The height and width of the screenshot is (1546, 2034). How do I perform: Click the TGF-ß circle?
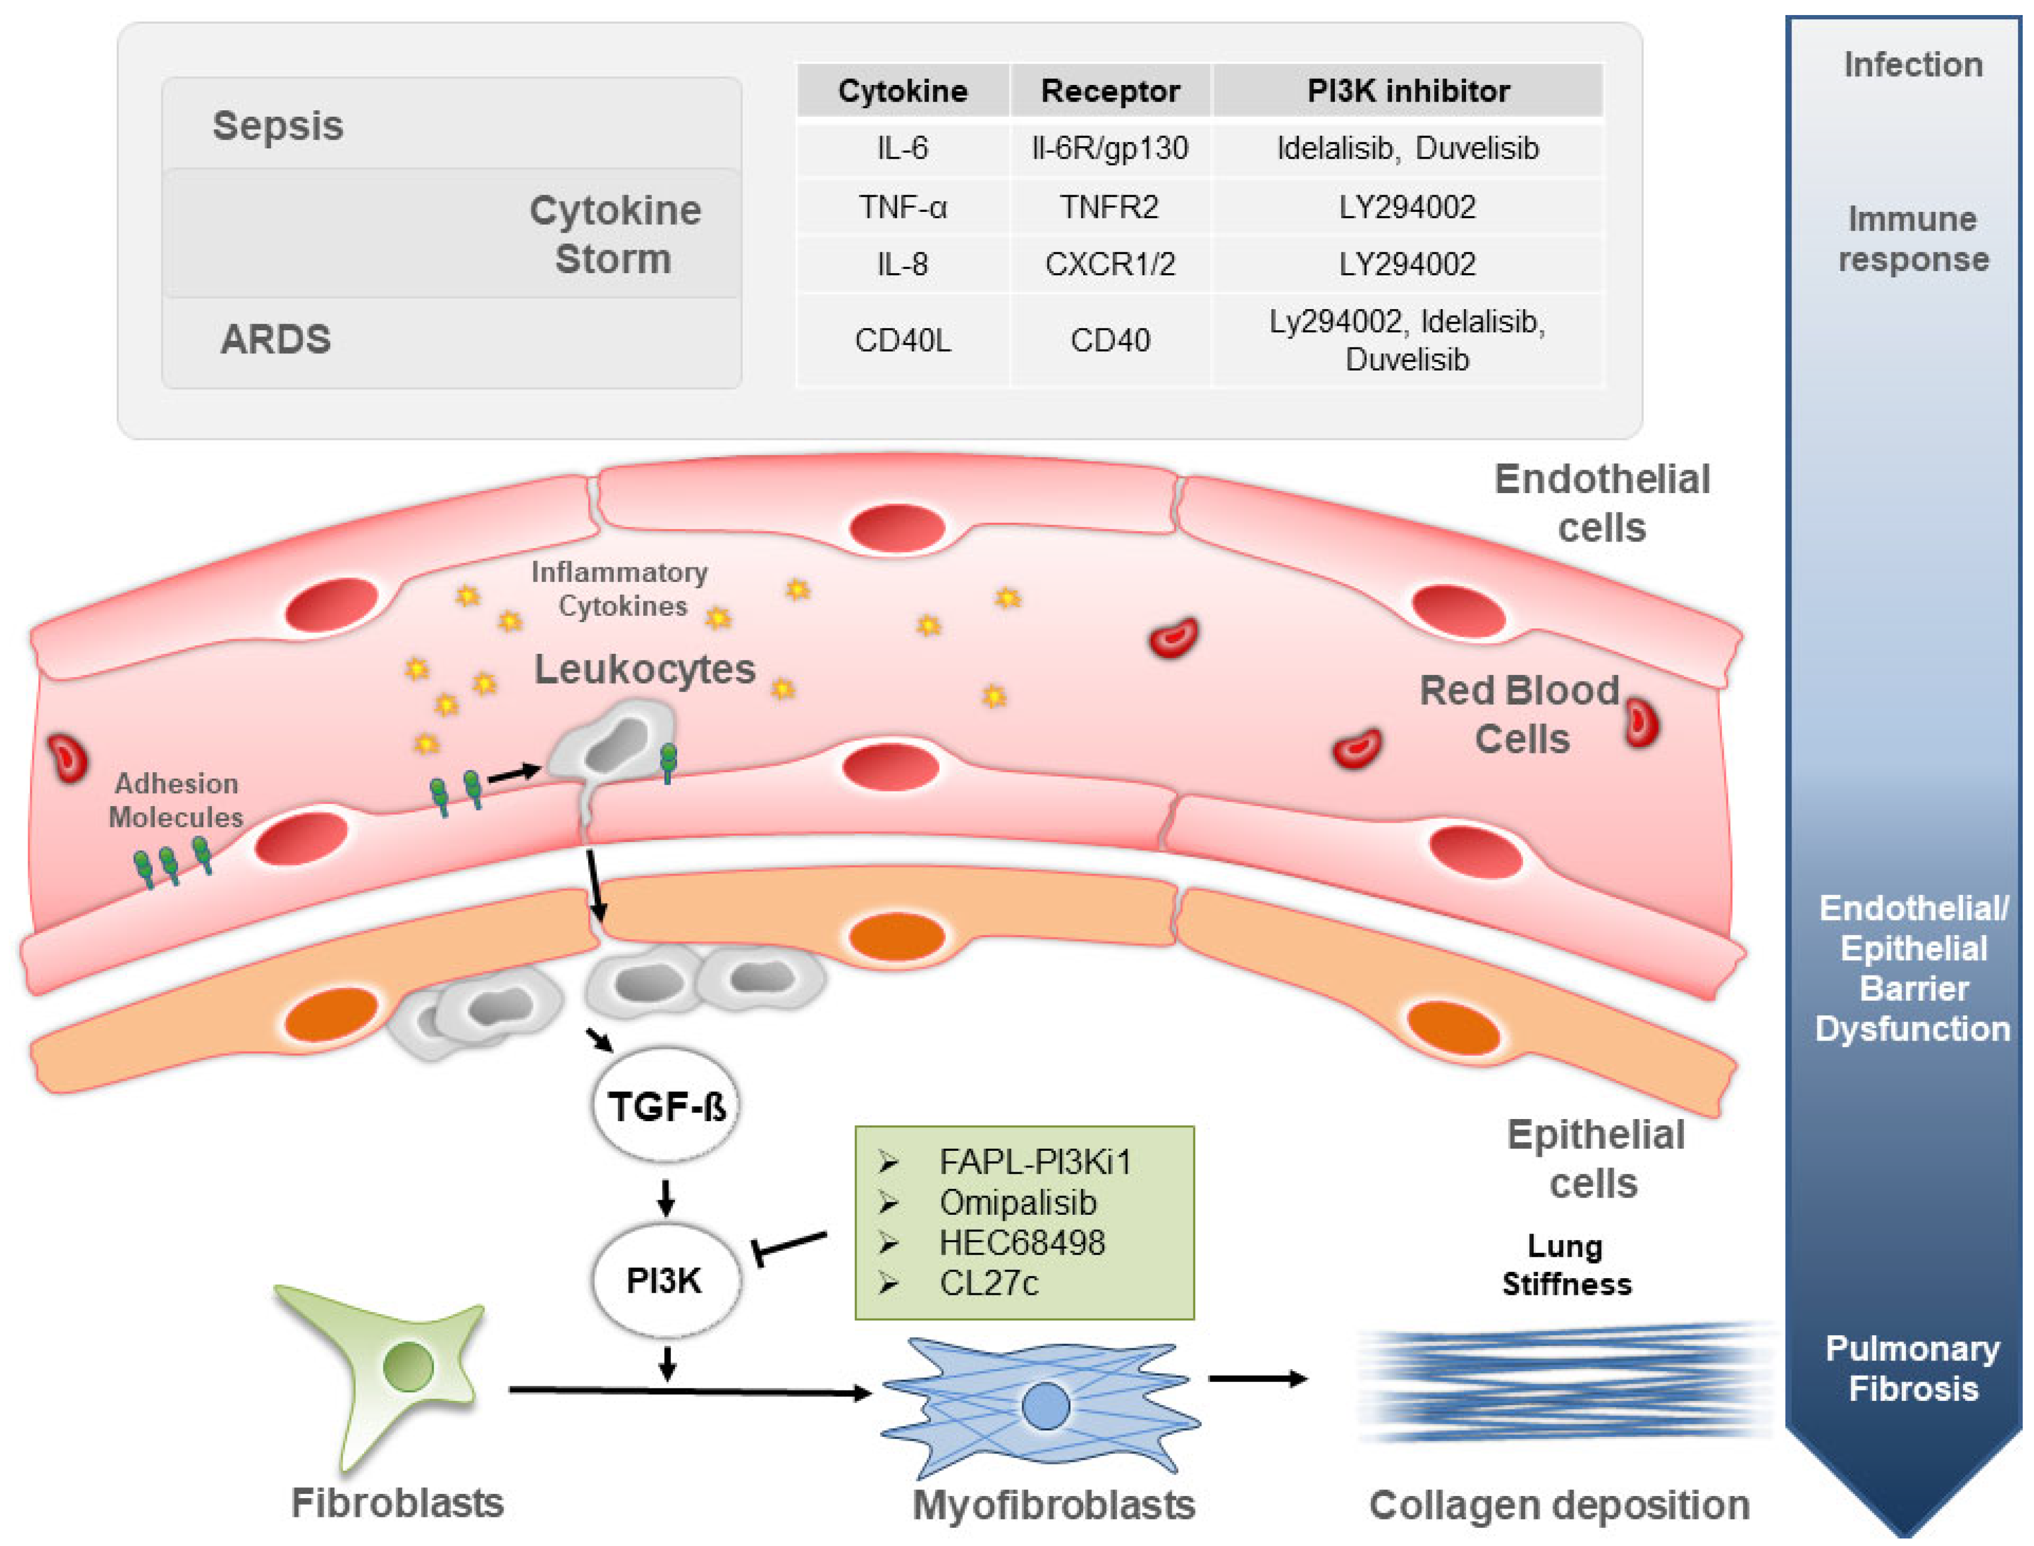coord(665,1105)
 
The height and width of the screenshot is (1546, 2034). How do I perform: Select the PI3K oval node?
coord(665,1280)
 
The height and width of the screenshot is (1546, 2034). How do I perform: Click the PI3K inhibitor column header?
coord(1407,91)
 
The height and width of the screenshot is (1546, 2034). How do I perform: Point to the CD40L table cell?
coord(902,340)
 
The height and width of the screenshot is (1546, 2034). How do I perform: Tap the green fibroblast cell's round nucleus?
coord(408,1366)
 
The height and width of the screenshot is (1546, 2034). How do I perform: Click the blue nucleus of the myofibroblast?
coord(1046,1406)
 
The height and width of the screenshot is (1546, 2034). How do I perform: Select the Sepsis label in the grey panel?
coord(278,125)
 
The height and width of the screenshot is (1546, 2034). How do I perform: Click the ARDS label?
coord(275,339)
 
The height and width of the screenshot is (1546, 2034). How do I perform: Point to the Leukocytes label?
coord(644,669)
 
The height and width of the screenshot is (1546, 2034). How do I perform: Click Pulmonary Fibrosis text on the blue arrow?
coord(1912,1369)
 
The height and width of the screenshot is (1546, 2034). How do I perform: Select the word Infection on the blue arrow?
coord(1912,65)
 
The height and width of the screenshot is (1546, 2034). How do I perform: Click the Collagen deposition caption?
coord(1558,1506)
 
